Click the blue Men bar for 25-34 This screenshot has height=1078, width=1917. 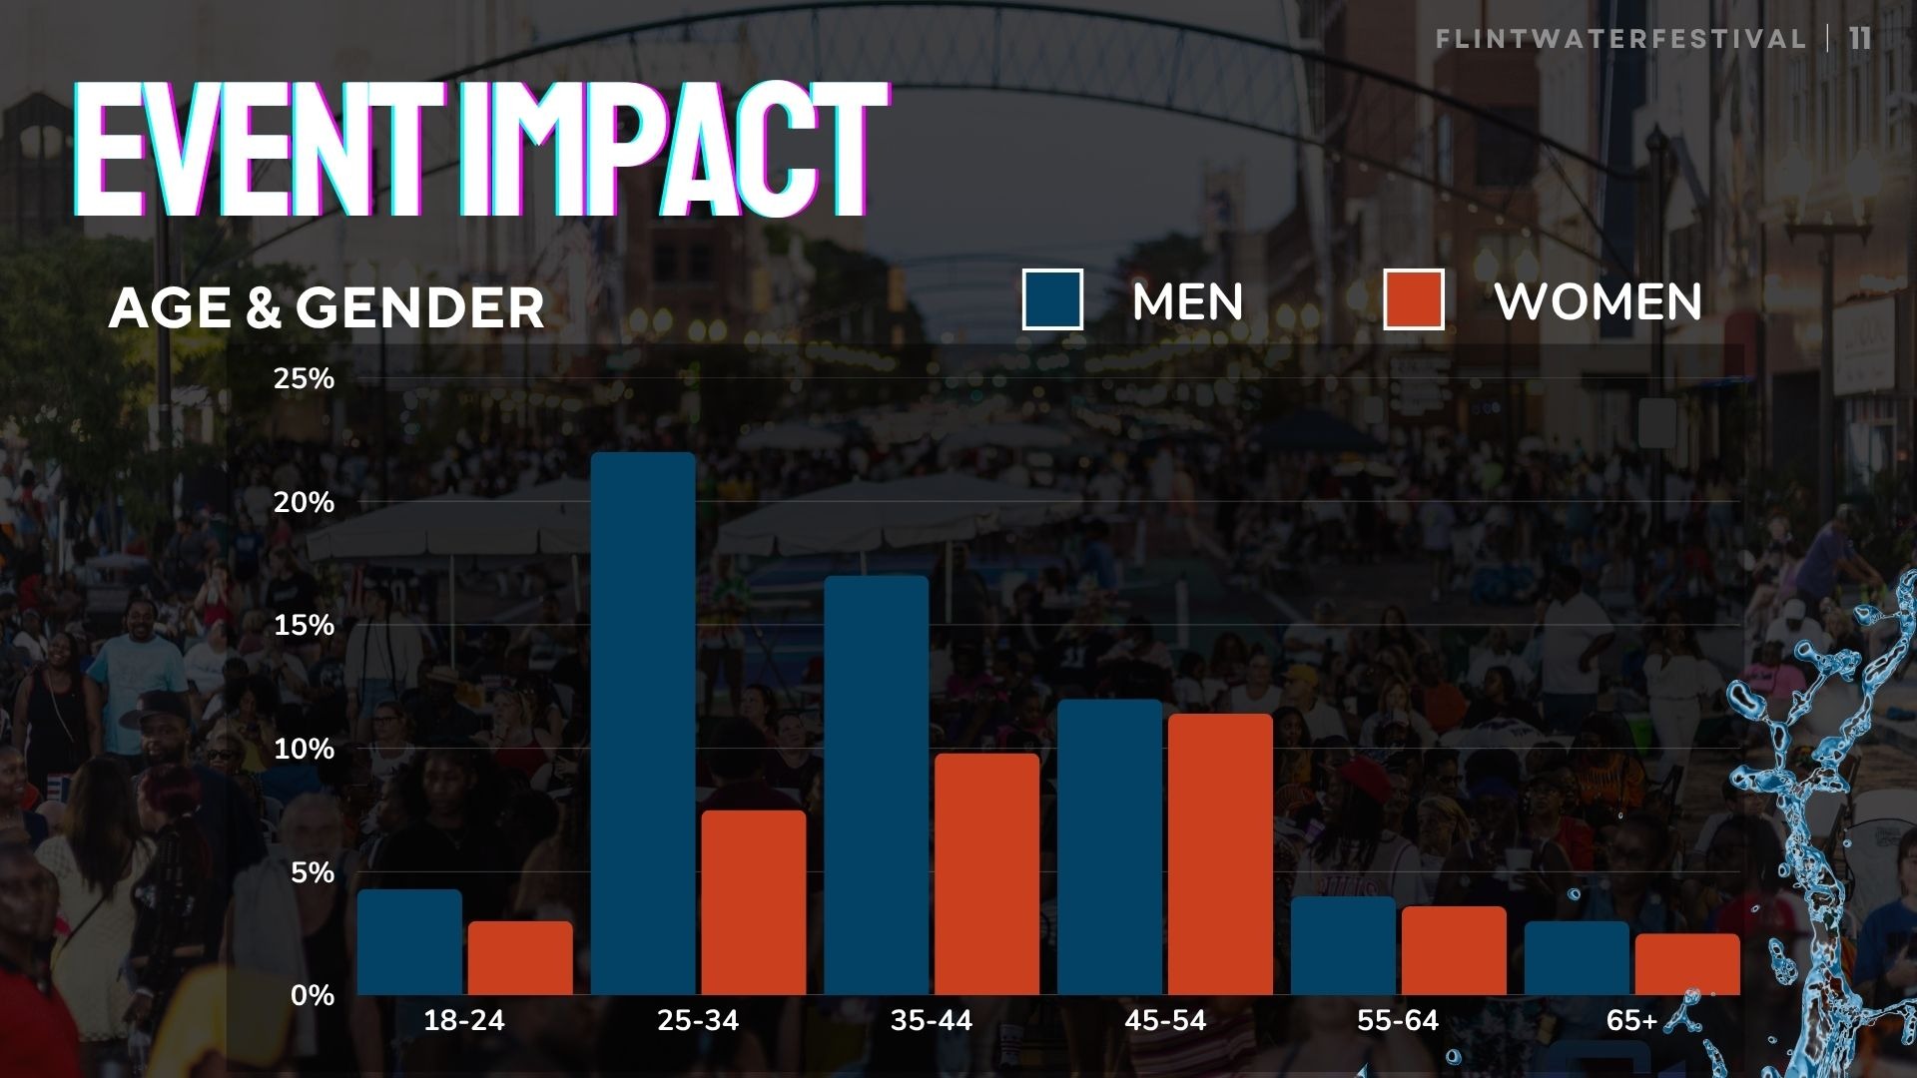click(643, 724)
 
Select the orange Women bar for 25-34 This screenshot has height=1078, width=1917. click(754, 902)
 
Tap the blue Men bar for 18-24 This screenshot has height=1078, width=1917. click(409, 942)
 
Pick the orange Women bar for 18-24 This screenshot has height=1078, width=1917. click(520, 958)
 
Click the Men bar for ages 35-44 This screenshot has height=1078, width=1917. click(877, 786)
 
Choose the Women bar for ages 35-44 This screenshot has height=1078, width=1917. click(987, 874)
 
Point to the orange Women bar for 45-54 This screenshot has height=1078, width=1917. click(1221, 854)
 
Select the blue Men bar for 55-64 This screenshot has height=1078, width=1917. click(1343, 945)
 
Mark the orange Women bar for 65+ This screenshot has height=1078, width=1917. click(1687, 964)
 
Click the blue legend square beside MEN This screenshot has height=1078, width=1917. click(1052, 299)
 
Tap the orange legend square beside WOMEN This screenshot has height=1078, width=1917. click(1414, 299)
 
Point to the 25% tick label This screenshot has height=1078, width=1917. click(305, 378)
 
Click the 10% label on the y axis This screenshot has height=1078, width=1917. click(305, 749)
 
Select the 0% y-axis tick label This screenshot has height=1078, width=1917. click(313, 995)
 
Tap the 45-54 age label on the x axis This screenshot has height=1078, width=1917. click(1165, 1020)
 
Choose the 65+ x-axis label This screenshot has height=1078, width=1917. click(1631, 1020)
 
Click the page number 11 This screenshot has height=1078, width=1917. click(1860, 39)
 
